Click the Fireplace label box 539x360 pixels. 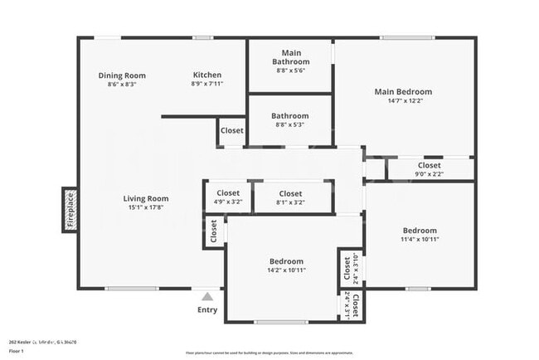click(70, 209)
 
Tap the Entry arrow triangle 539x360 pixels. click(207, 295)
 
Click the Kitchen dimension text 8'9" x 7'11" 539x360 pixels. click(206, 84)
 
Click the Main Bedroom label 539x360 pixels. click(403, 92)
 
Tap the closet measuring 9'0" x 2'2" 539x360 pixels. click(429, 169)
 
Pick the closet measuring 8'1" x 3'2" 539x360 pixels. click(290, 197)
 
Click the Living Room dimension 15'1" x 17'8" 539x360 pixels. click(146, 208)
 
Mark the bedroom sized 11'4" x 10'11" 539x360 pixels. click(420, 236)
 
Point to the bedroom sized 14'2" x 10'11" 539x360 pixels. click(285, 265)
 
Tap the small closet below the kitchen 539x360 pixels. click(232, 131)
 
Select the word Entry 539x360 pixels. click(207, 310)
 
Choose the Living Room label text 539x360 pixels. click(146, 198)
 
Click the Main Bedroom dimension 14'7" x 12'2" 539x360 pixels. click(403, 101)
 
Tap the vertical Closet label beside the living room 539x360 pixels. click(213, 231)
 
